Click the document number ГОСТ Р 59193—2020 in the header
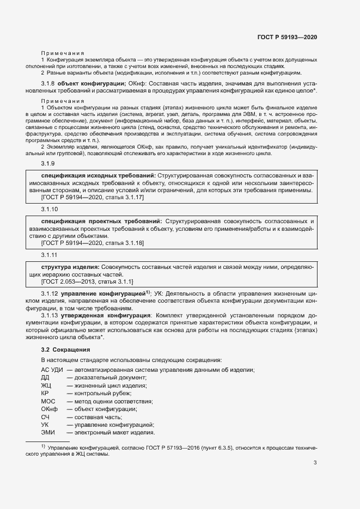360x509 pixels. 287,37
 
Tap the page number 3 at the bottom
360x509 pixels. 315,463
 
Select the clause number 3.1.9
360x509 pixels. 48,164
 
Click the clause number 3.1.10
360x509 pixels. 49,210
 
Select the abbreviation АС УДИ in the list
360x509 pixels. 52,370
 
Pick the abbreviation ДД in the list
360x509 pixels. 45,378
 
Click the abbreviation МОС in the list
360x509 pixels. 48,401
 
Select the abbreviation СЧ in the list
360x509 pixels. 45,416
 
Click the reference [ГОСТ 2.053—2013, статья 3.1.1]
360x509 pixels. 87,281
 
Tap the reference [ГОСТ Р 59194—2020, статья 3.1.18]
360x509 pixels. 93,243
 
